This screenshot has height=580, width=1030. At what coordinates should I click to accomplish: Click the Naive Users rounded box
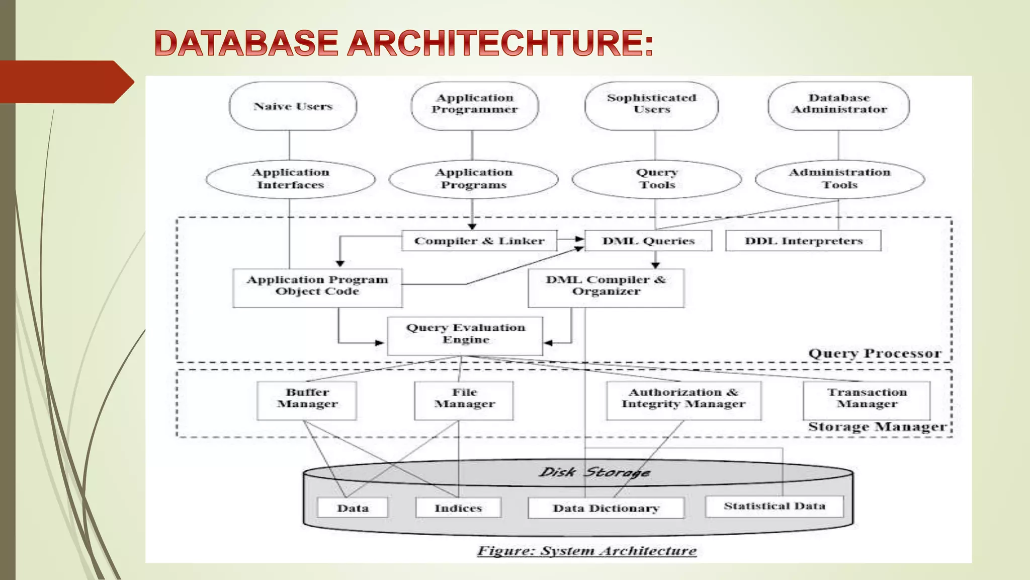(293, 106)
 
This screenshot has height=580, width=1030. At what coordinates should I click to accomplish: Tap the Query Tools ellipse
(656, 179)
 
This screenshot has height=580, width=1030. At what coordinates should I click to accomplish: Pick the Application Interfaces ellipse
(290, 179)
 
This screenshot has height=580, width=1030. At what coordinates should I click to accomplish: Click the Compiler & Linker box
(479, 241)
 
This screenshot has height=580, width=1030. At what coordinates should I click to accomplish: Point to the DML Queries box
(648, 241)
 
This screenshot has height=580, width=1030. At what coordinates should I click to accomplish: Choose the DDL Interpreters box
(803, 241)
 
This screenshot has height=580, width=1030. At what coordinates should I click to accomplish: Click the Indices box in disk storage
(458, 508)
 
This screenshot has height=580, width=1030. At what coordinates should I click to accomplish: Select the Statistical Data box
(775, 506)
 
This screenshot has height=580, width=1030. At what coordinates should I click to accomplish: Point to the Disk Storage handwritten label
(594, 472)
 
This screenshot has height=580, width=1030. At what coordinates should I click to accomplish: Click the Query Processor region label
(874, 353)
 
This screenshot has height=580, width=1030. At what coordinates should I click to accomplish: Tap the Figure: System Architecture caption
(586, 551)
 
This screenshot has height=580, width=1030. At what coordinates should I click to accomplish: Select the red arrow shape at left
(65, 82)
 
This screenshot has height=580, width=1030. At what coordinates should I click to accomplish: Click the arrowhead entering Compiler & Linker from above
(472, 227)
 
